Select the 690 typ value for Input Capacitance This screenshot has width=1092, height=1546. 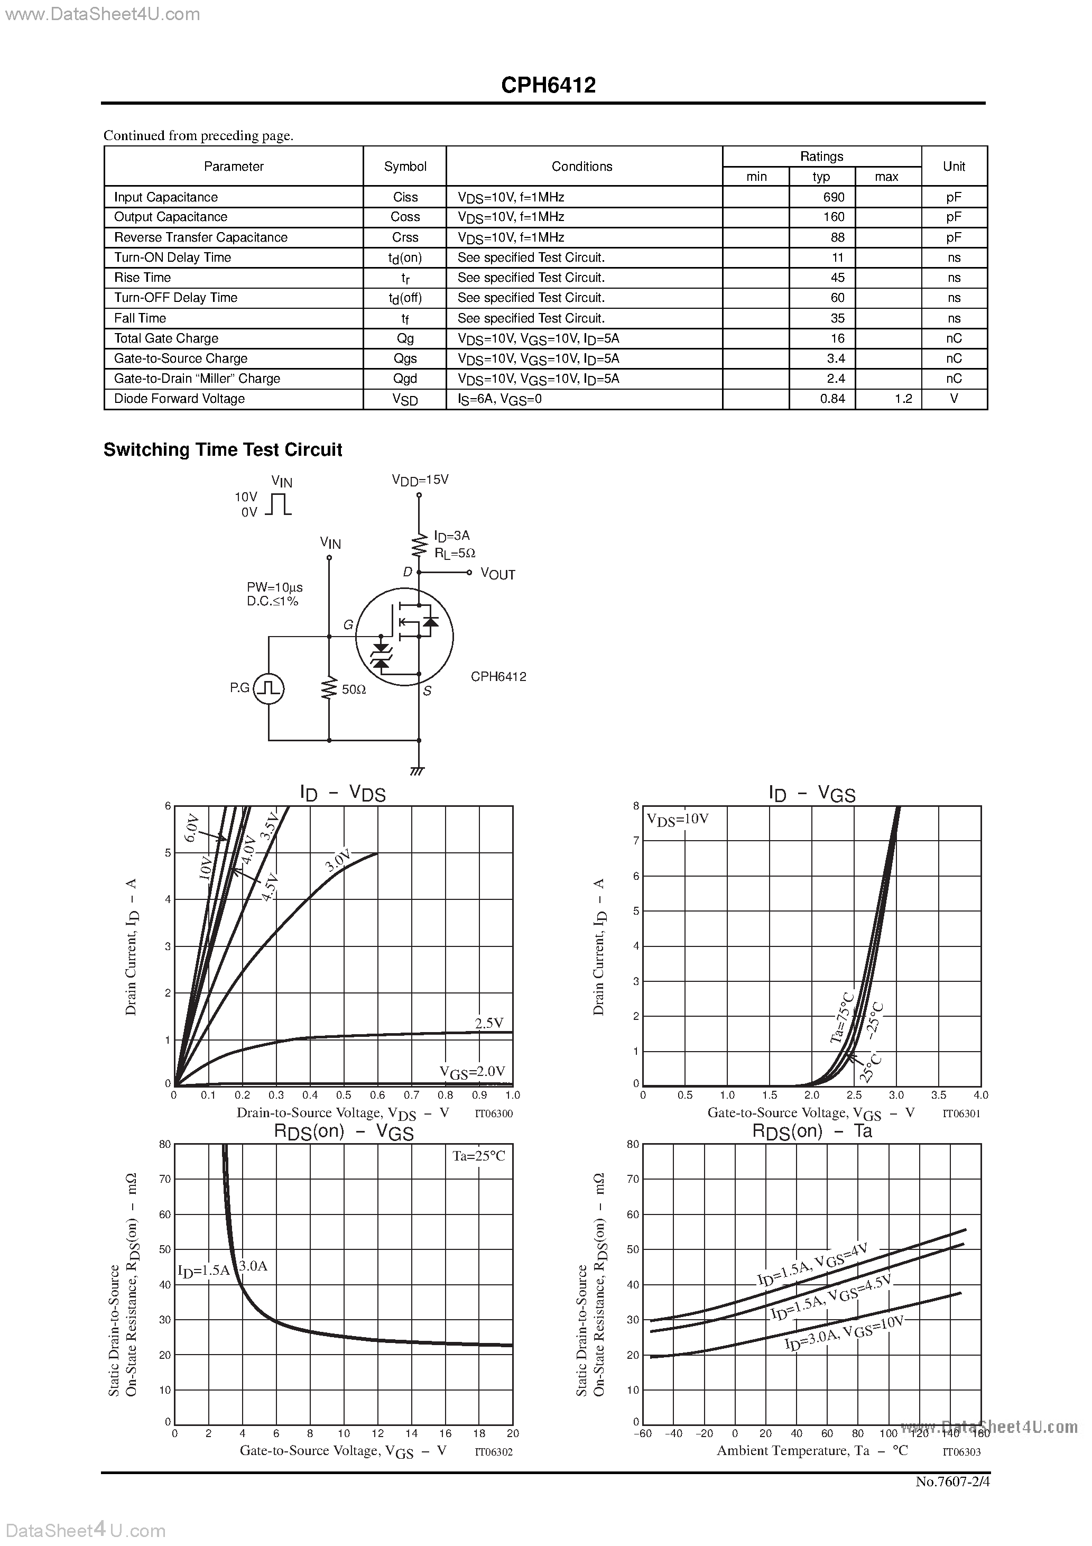pos(834,197)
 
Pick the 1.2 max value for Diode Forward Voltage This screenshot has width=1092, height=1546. pos(903,399)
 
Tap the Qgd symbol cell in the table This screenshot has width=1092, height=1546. pos(405,379)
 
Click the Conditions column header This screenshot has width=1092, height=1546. pos(582,167)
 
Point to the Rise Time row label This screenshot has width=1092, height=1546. pos(142,278)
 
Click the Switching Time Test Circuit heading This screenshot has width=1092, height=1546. pos(223,450)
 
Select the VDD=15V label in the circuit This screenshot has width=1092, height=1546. pos(420,480)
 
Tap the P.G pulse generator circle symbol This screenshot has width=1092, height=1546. pos(269,688)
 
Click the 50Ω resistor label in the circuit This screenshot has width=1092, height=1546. pos(354,689)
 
